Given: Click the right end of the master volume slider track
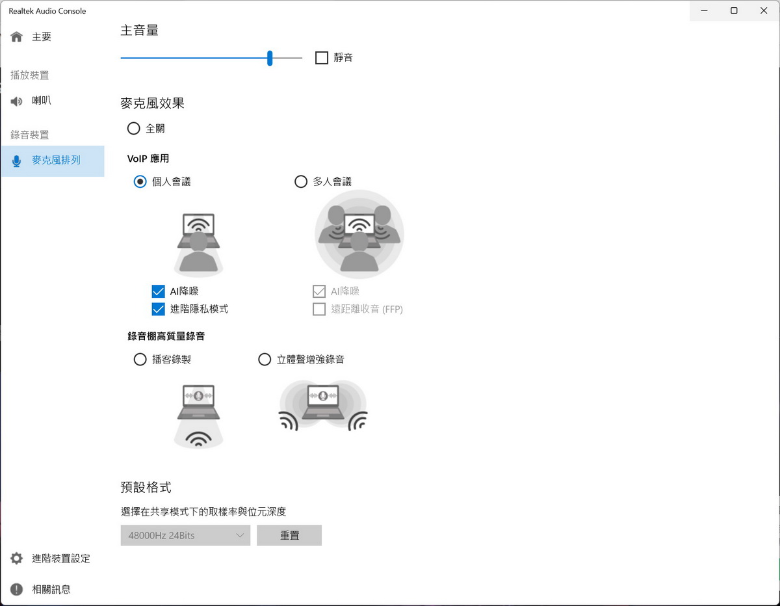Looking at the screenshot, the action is click(x=302, y=58).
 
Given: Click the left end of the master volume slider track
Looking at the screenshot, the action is click(x=121, y=58).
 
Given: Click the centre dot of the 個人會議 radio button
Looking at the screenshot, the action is click(x=140, y=181).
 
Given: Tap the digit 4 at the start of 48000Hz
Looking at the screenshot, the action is click(x=131, y=536).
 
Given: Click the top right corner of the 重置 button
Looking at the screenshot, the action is click(x=322, y=525).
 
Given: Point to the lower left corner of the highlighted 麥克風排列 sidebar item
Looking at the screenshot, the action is click(x=1, y=177).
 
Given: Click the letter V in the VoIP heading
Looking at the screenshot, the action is click(x=131, y=159).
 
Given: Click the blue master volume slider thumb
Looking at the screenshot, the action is click(x=270, y=58).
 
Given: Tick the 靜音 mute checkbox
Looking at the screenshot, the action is click(x=321, y=58).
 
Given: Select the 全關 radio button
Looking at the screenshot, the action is click(x=133, y=129).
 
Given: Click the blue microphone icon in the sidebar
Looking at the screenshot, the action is click(x=16, y=161).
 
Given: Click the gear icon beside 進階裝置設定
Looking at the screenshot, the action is click(x=16, y=559).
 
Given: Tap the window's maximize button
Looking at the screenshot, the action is click(x=734, y=11).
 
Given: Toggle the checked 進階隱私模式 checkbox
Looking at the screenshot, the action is click(x=159, y=309).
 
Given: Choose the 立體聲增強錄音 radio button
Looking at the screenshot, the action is click(x=265, y=360).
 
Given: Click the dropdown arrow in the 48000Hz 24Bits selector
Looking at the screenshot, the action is click(x=240, y=536).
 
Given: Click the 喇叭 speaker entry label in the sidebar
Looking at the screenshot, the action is click(x=42, y=101).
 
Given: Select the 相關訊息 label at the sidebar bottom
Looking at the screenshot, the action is click(x=51, y=590).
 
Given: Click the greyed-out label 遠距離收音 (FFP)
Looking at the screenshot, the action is click(x=367, y=309).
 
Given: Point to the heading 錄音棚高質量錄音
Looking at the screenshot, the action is click(x=166, y=336).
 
